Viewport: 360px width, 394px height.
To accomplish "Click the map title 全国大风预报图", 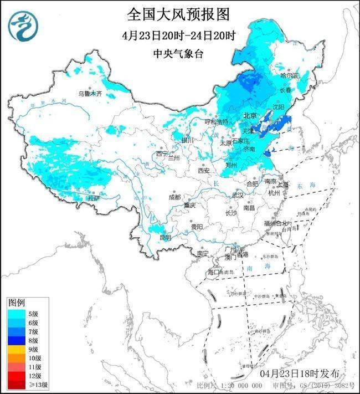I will tap(178, 13).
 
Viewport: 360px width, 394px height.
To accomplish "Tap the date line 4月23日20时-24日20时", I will tap(179, 35).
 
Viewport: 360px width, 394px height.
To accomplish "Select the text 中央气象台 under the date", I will tap(179, 54).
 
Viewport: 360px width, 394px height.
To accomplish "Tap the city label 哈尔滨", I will tap(289, 75).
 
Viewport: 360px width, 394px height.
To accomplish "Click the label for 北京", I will tap(250, 116).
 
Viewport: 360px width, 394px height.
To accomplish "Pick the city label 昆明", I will tap(165, 238).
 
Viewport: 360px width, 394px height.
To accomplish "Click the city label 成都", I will tap(175, 197).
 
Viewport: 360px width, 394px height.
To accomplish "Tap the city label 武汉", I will tap(238, 195).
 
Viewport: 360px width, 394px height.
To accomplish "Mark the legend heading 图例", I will tap(17, 303).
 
